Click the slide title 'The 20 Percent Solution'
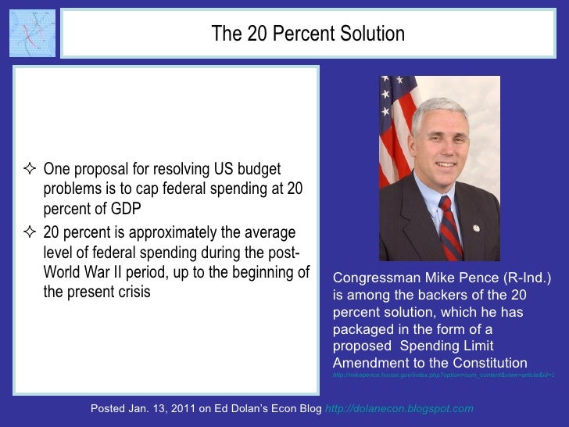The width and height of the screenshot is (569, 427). (308, 34)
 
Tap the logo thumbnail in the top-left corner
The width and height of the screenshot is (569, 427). (32, 33)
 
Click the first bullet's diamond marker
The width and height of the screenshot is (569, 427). (32, 170)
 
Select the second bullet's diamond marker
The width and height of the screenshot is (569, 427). (32, 233)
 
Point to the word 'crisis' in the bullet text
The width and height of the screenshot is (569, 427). (130, 292)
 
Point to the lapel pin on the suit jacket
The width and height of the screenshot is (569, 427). (476, 228)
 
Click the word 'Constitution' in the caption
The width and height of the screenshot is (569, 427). (488, 362)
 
